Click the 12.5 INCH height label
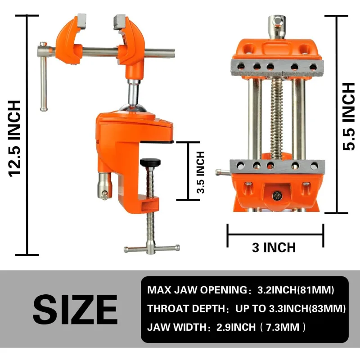point(14,139)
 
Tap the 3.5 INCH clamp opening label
point(201,172)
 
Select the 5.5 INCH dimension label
point(348,117)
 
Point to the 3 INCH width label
point(274,247)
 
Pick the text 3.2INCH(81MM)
point(296,290)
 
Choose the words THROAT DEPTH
point(186,309)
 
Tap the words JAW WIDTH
point(177,327)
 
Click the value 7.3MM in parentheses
point(283,327)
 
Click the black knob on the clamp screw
point(150,162)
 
